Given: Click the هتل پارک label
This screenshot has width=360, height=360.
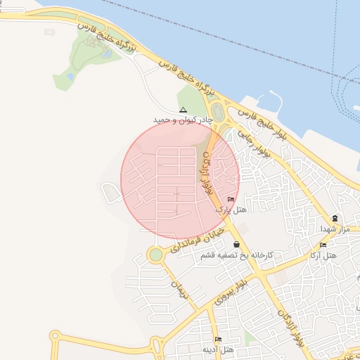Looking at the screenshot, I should point(231,210).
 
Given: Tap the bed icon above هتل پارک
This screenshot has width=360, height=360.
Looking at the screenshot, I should point(231,200).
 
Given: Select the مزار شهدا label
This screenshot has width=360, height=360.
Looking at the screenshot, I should point(335,229).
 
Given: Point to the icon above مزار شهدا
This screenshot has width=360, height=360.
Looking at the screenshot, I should point(335,218).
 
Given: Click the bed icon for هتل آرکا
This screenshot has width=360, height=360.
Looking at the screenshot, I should point(323,245).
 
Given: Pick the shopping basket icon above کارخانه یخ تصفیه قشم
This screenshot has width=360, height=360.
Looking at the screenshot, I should point(236,244).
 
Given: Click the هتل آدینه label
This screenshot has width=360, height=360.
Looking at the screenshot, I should point(219,349).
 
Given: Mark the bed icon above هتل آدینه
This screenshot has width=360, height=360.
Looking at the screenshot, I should point(218,340).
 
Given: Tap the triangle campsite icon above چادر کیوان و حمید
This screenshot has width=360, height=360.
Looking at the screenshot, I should point(183,110).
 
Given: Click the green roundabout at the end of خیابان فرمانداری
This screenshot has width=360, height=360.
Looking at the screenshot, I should point(155,255).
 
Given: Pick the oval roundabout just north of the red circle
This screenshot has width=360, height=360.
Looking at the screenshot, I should point(217,112).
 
